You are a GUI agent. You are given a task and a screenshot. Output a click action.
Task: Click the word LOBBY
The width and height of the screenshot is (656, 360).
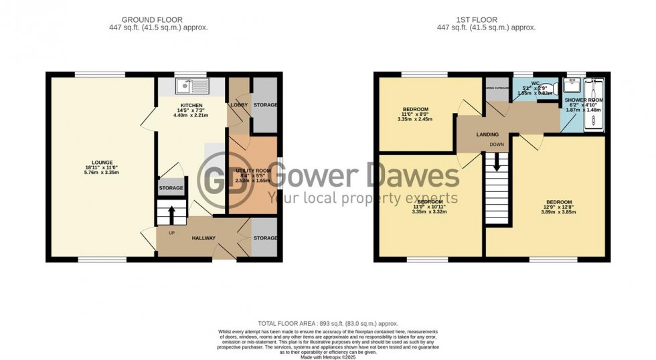(239, 105)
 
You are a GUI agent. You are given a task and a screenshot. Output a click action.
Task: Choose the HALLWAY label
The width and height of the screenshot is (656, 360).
(203, 238)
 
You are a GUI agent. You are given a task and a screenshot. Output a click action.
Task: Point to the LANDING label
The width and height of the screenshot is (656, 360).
(487, 134)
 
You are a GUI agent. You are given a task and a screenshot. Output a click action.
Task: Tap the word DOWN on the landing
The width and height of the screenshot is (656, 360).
(496, 145)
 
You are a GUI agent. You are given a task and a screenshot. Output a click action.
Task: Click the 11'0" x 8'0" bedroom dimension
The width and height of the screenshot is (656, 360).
(415, 114)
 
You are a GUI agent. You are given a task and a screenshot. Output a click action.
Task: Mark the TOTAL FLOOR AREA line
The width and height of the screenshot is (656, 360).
(327, 323)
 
